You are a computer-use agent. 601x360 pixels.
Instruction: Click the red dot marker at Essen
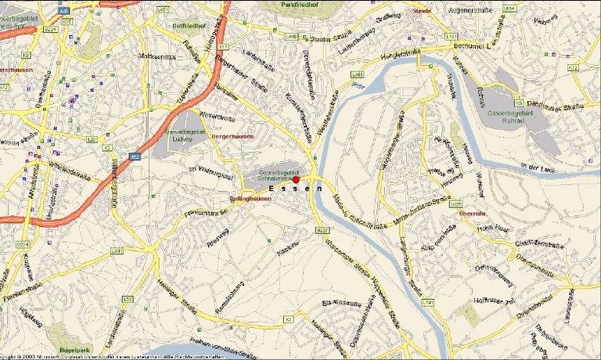point(296,180)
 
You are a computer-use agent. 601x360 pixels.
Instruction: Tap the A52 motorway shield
point(135,156)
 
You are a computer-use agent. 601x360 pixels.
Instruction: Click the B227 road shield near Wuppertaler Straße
point(322,230)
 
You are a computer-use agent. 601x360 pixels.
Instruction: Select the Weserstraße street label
point(218,117)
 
